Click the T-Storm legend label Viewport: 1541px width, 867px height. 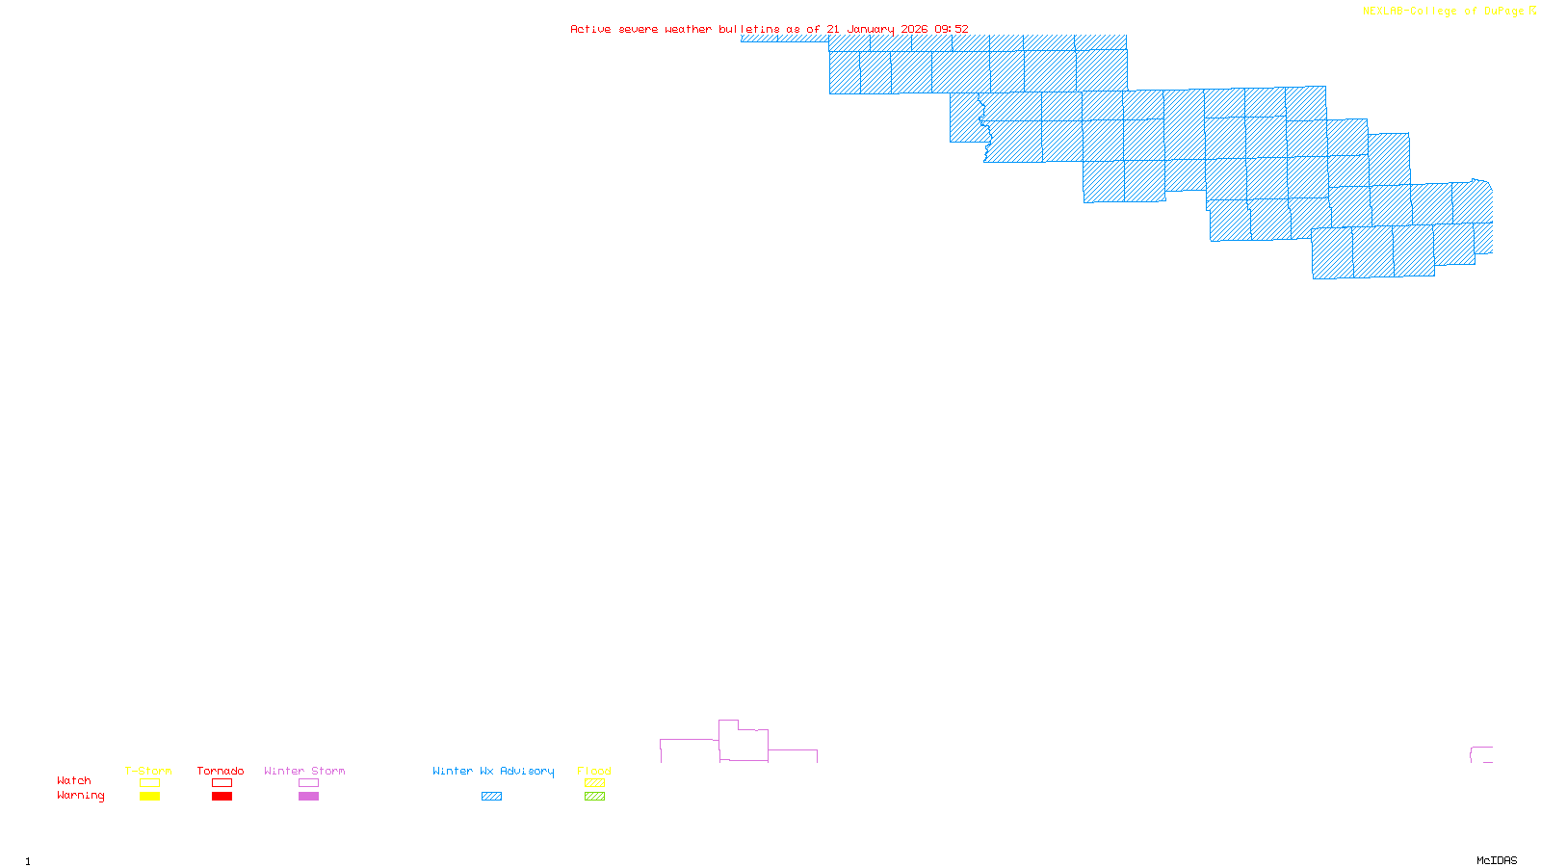(148, 771)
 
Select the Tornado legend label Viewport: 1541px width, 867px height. (221, 771)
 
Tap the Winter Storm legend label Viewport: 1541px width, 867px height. (304, 771)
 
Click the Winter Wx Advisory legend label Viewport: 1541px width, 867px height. (493, 771)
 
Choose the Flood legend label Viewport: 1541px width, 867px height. (594, 771)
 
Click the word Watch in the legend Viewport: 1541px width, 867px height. (74, 781)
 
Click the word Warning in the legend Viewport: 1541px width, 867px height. (81, 796)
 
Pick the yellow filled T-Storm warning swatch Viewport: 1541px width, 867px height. (149, 797)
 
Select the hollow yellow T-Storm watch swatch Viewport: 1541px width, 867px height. (149, 783)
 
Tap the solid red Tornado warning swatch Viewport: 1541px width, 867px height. (222, 797)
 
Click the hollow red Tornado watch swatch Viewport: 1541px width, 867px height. (222, 783)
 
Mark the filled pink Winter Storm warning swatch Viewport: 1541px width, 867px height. (308, 797)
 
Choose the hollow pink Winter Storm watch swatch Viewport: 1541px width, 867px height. (308, 783)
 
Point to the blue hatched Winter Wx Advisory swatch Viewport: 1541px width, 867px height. (491, 797)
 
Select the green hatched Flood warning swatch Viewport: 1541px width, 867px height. (594, 797)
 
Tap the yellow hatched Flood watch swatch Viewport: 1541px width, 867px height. (594, 783)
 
